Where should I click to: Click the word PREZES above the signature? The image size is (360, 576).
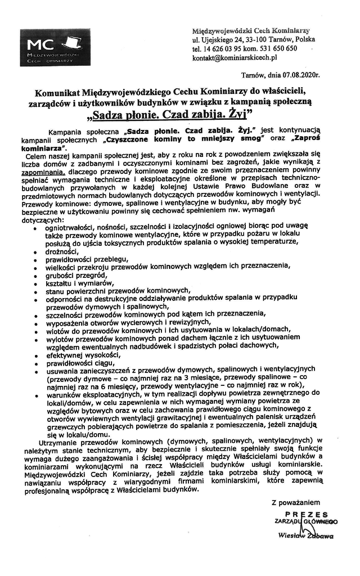(306, 514)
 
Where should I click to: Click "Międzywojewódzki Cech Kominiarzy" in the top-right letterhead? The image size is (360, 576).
(251, 30)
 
